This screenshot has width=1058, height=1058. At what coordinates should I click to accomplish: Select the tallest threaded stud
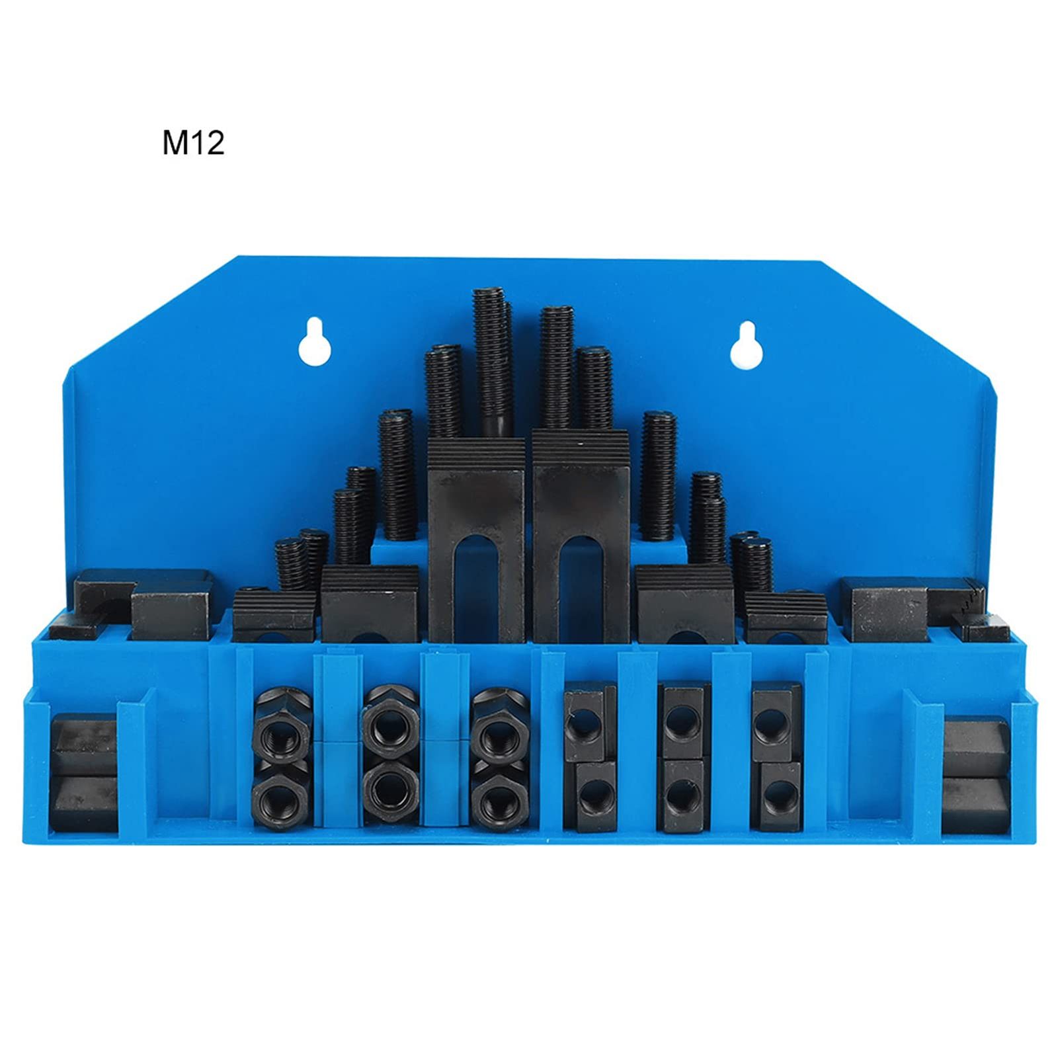click(x=492, y=362)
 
